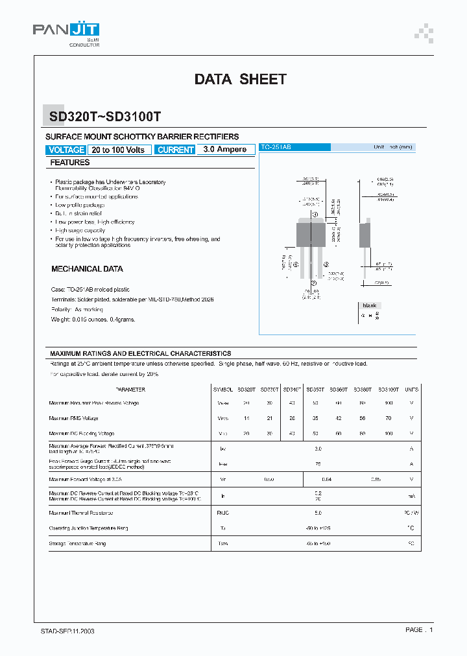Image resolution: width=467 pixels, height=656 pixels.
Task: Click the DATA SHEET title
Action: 240,79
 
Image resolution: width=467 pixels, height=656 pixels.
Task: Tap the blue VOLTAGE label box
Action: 66,150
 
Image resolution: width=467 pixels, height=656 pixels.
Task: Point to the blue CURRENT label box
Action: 175,150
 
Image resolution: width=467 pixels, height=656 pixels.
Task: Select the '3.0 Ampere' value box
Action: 224,150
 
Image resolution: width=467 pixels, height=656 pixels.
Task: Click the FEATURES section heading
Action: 70,162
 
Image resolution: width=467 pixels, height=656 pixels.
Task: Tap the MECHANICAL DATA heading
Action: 87,268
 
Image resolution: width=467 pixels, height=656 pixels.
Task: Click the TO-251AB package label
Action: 276,148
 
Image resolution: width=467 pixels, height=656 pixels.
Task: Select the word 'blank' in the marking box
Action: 370,305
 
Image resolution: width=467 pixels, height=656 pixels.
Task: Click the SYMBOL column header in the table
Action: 222,390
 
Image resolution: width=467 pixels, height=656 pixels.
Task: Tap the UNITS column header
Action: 411,390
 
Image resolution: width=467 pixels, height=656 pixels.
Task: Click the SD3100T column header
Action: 388,390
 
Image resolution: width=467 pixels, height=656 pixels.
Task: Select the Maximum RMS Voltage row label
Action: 73,418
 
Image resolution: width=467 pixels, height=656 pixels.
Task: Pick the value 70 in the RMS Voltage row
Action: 388,418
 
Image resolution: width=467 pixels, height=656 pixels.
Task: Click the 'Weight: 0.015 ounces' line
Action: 93,319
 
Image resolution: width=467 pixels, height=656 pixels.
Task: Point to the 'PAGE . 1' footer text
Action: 419,629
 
